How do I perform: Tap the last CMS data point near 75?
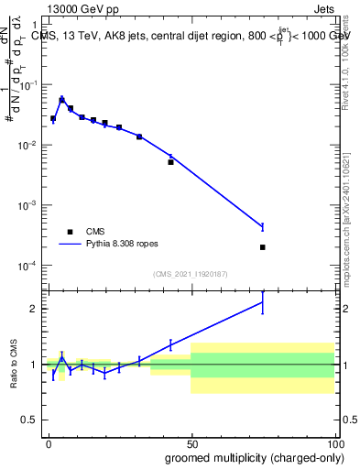[x=263, y=247]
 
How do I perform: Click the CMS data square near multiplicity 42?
[x=170, y=162]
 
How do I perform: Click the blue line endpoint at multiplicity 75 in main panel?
[x=263, y=226]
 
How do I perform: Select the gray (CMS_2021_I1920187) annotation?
[x=191, y=274]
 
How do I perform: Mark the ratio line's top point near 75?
[x=263, y=302]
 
